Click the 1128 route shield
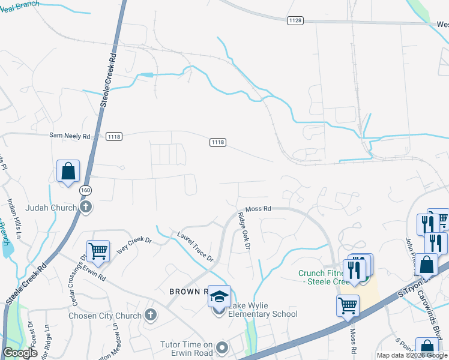click(x=295, y=20)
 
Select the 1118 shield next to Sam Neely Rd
click(x=114, y=137)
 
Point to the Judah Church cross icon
click(x=85, y=208)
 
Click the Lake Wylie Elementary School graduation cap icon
click(x=219, y=296)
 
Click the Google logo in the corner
click(x=20, y=353)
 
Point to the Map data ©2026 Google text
click(x=412, y=355)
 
